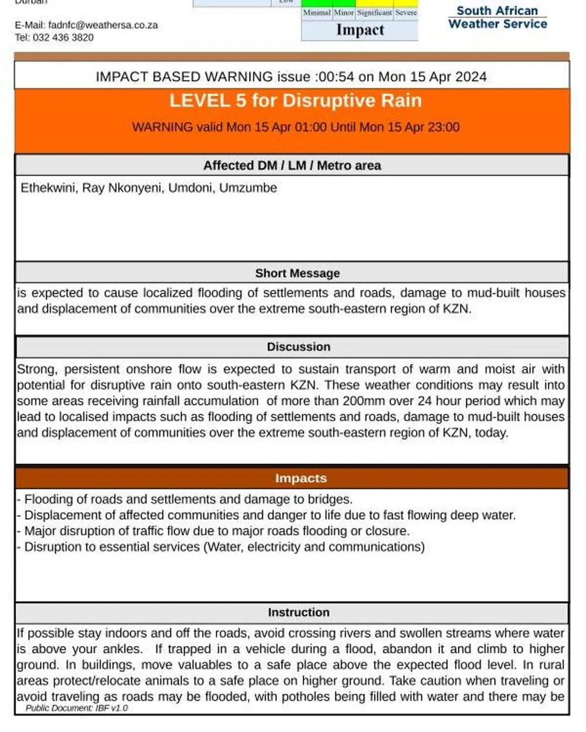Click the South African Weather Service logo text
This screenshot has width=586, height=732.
pos(497,18)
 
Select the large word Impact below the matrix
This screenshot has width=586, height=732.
pos(360,30)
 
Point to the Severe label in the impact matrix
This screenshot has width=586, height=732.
pos(406,12)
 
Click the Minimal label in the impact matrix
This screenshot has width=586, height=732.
pos(316,12)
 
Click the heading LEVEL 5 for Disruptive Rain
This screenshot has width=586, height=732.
pos(295,101)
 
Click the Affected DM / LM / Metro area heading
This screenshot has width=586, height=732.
pos(292,166)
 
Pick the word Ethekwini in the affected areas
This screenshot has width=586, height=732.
pos(48,188)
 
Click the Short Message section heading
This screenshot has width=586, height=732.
pos(297,273)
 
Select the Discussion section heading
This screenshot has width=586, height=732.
pos(298,347)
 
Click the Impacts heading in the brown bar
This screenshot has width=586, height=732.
pos(301,478)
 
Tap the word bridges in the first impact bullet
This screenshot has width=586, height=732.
pos(332,500)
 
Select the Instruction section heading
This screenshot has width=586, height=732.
pos(298,613)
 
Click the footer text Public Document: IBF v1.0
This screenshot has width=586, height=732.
pos(76,708)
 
